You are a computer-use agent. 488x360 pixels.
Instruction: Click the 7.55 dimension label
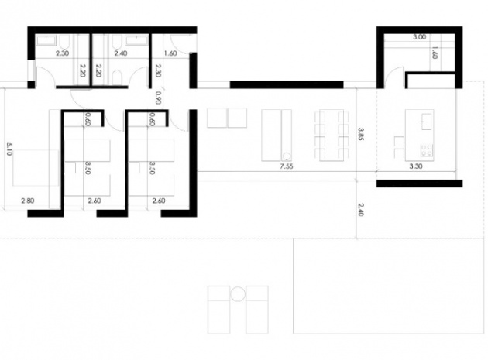[x=287, y=166]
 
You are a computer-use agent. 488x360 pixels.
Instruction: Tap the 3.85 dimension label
[x=361, y=134]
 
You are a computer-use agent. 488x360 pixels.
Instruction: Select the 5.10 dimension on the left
[x=9, y=149]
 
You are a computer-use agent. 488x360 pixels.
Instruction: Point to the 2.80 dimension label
[x=28, y=201]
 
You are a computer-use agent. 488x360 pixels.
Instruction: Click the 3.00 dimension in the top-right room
[x=419, y=37]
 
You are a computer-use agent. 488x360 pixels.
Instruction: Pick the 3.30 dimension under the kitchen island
[x=416, y=166]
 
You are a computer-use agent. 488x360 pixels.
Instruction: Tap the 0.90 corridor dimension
[x=158, y=98]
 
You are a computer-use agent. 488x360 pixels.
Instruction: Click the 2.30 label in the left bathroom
[x=62, y=53]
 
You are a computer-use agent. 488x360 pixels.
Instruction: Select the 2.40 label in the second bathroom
[x=120, y=53]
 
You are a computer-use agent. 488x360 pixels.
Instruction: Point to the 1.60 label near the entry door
[x=170, y=53]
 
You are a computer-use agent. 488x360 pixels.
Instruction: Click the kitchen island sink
[x=426, y=122]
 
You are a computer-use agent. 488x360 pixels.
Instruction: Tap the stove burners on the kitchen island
[x=426, y=149]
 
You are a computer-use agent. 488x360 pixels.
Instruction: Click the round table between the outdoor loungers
[x=238, y=294]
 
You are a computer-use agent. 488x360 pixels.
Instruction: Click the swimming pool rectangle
[x=388, y=286]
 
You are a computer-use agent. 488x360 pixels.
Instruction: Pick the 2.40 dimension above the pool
[x=361, y=209]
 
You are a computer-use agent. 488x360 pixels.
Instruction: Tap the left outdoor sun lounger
[x=218, y=310]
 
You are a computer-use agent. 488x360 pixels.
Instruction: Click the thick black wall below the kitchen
[x=419, y=183]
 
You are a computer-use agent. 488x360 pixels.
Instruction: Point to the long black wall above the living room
[x=287, y=84]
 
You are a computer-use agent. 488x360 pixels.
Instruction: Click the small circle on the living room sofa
[x=287, y=156]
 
